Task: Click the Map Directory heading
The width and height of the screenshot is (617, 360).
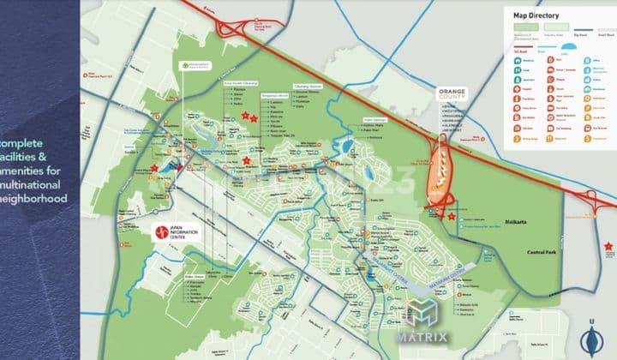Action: tap(536, 15)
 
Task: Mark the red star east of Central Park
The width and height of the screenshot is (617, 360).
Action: tap(608, 247)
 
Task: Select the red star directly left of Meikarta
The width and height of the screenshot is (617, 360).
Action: tap(451, 217)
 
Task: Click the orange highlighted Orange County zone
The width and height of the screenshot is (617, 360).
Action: tap(439, 171)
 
